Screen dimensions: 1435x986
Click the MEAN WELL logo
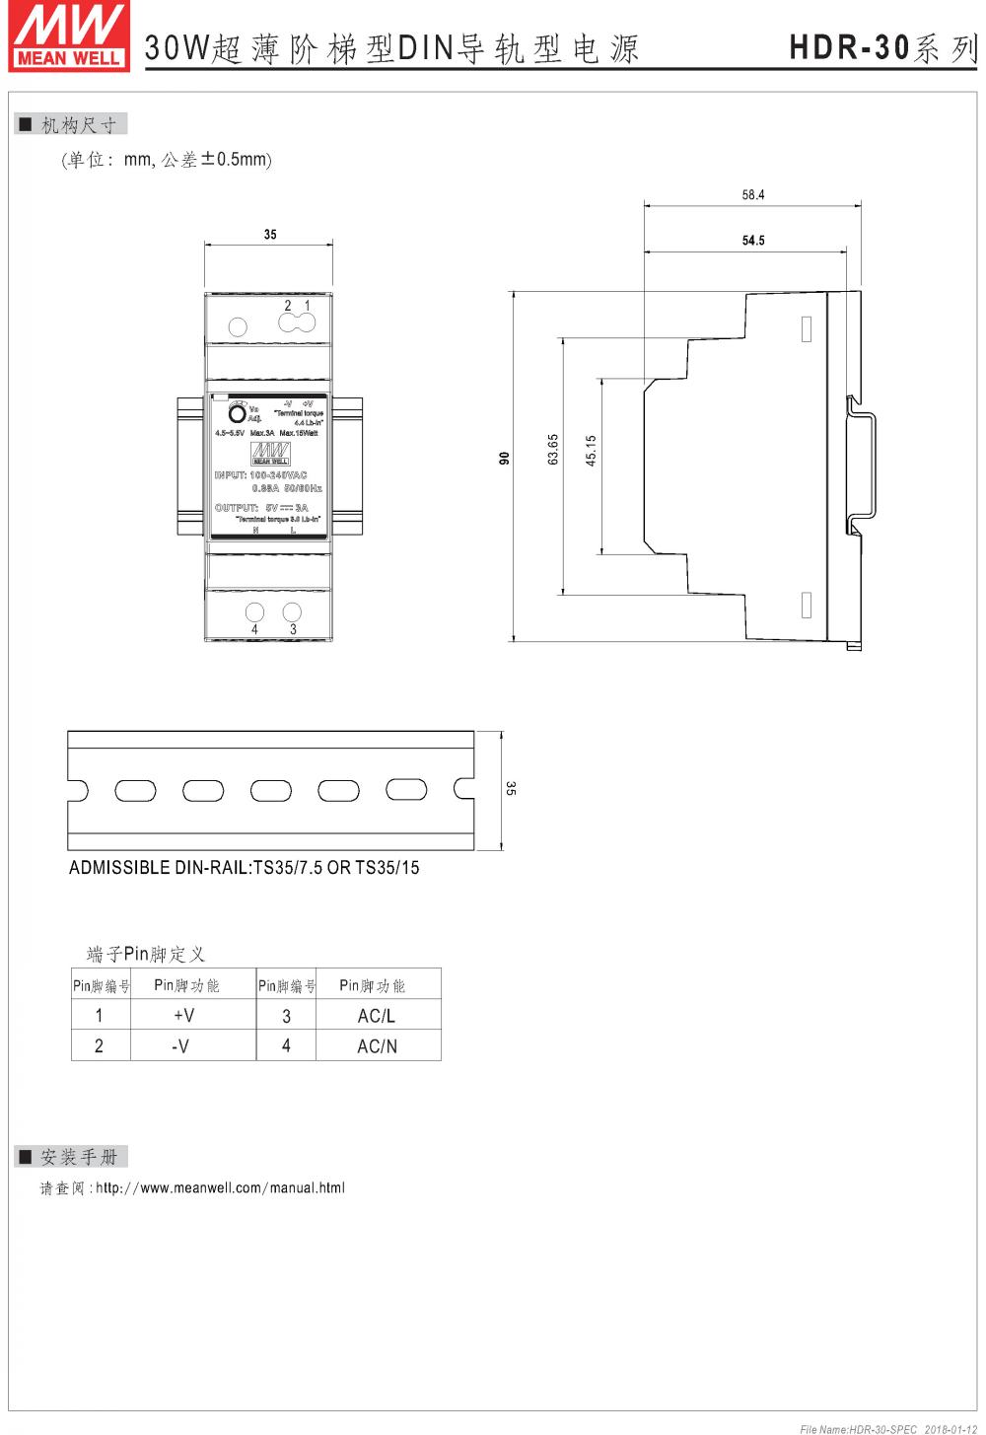click(68, 36)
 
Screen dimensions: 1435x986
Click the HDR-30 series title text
click(881, 47)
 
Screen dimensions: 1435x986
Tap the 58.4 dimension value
click(753, 195)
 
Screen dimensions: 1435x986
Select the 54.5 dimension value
click(753, 241)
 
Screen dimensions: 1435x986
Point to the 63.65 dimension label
click(553, 449)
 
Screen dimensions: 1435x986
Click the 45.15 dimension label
click(591, 451)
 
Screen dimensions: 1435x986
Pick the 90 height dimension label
click(504, 458)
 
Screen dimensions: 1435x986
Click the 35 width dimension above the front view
click(270, 235)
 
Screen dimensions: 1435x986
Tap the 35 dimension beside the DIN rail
click(511, 788)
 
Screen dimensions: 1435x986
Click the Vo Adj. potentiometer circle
click(237, 412)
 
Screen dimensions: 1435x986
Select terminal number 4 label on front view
click(254, 629)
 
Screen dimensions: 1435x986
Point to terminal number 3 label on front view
click(293, 629)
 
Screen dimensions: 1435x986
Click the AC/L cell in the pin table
click(377, 1016)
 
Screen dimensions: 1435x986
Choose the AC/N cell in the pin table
click(377, 1046)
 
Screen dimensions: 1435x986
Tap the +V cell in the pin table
click(183, 1015)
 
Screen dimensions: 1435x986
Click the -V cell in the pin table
click(180, 1046)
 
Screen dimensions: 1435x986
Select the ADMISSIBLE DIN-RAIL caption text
click(244, 868)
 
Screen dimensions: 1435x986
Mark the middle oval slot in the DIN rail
click(270, 790)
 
